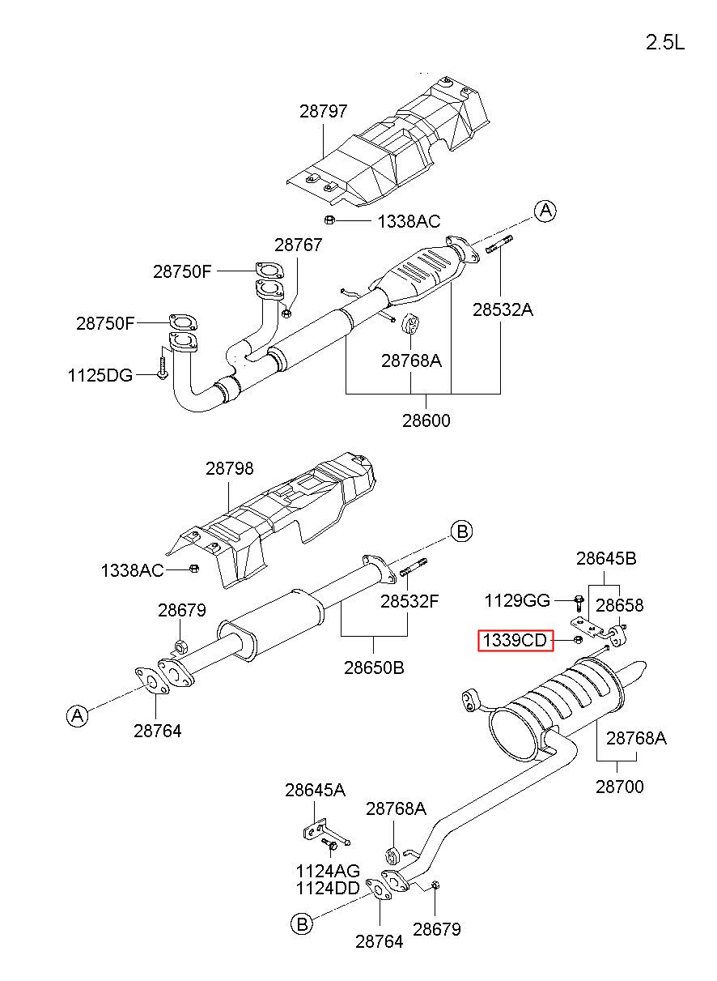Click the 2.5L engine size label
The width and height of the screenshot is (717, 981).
[664, 42]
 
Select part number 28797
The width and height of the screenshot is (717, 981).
[323, 111]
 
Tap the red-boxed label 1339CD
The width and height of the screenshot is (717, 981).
[515, 641]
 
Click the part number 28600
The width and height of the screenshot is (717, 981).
[426, 420]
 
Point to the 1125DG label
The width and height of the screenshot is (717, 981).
[100, 375]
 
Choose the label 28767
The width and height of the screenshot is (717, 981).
[299, 245]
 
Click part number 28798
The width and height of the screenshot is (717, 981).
[229, 468]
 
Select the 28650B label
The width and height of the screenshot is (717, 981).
[374, 668]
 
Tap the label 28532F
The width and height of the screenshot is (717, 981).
[409, 601]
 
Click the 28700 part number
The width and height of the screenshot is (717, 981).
[619, 787]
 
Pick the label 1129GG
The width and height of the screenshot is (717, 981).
[517, 600]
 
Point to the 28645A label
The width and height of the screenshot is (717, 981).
[315, 790]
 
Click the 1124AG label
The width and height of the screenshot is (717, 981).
[328, 870]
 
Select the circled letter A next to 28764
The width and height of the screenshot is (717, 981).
[77, 716]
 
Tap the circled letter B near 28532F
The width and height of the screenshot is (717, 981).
[462, 531]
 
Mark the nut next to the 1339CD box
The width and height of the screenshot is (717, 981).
[578, 640]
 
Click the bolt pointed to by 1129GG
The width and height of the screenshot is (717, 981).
[579, 604]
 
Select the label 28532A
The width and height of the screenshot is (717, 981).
[503, 309]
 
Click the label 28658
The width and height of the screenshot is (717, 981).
[619, 605]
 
